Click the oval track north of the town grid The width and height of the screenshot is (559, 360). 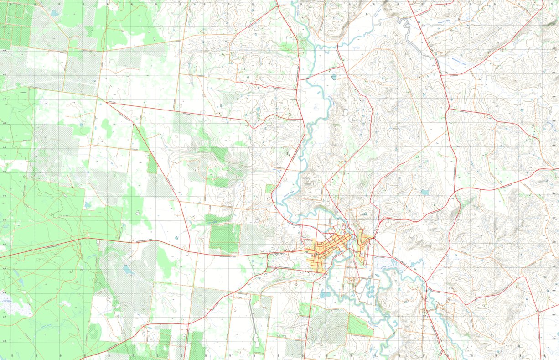click(x=364, y=214)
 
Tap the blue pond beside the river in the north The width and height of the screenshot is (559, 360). click(x=334, y=77)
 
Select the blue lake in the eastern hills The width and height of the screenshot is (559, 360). click(x=425, y=192)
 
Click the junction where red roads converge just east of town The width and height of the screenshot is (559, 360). click(x=373, y=238)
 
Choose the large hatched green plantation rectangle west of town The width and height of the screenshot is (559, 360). click(x=224, y=238)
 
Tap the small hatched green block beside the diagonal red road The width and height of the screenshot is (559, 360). click(x=152, y=164)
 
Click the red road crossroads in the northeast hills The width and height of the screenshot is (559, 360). click(x=449, y=109)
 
